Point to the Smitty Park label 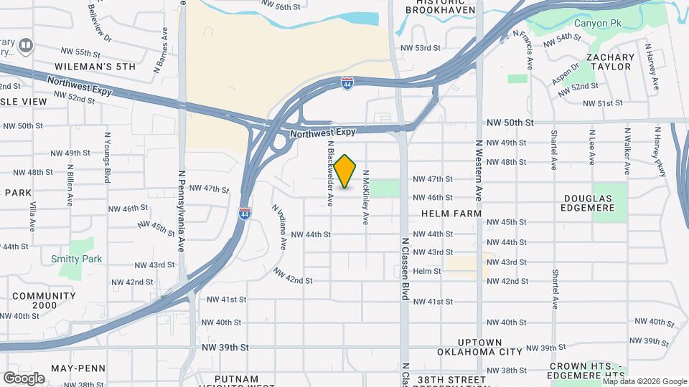76,259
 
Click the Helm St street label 426,271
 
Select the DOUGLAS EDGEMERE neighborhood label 589,203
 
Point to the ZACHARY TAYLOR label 609,62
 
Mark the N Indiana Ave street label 279,227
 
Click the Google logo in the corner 24,378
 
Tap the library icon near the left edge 26,46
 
